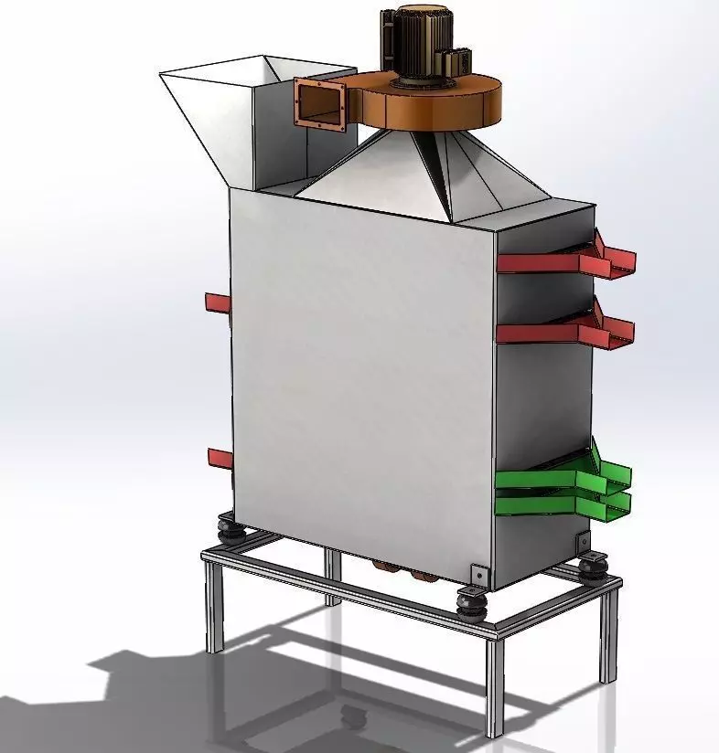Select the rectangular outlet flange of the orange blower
tap(319, 101)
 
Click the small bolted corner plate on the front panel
tap(477, 574)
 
